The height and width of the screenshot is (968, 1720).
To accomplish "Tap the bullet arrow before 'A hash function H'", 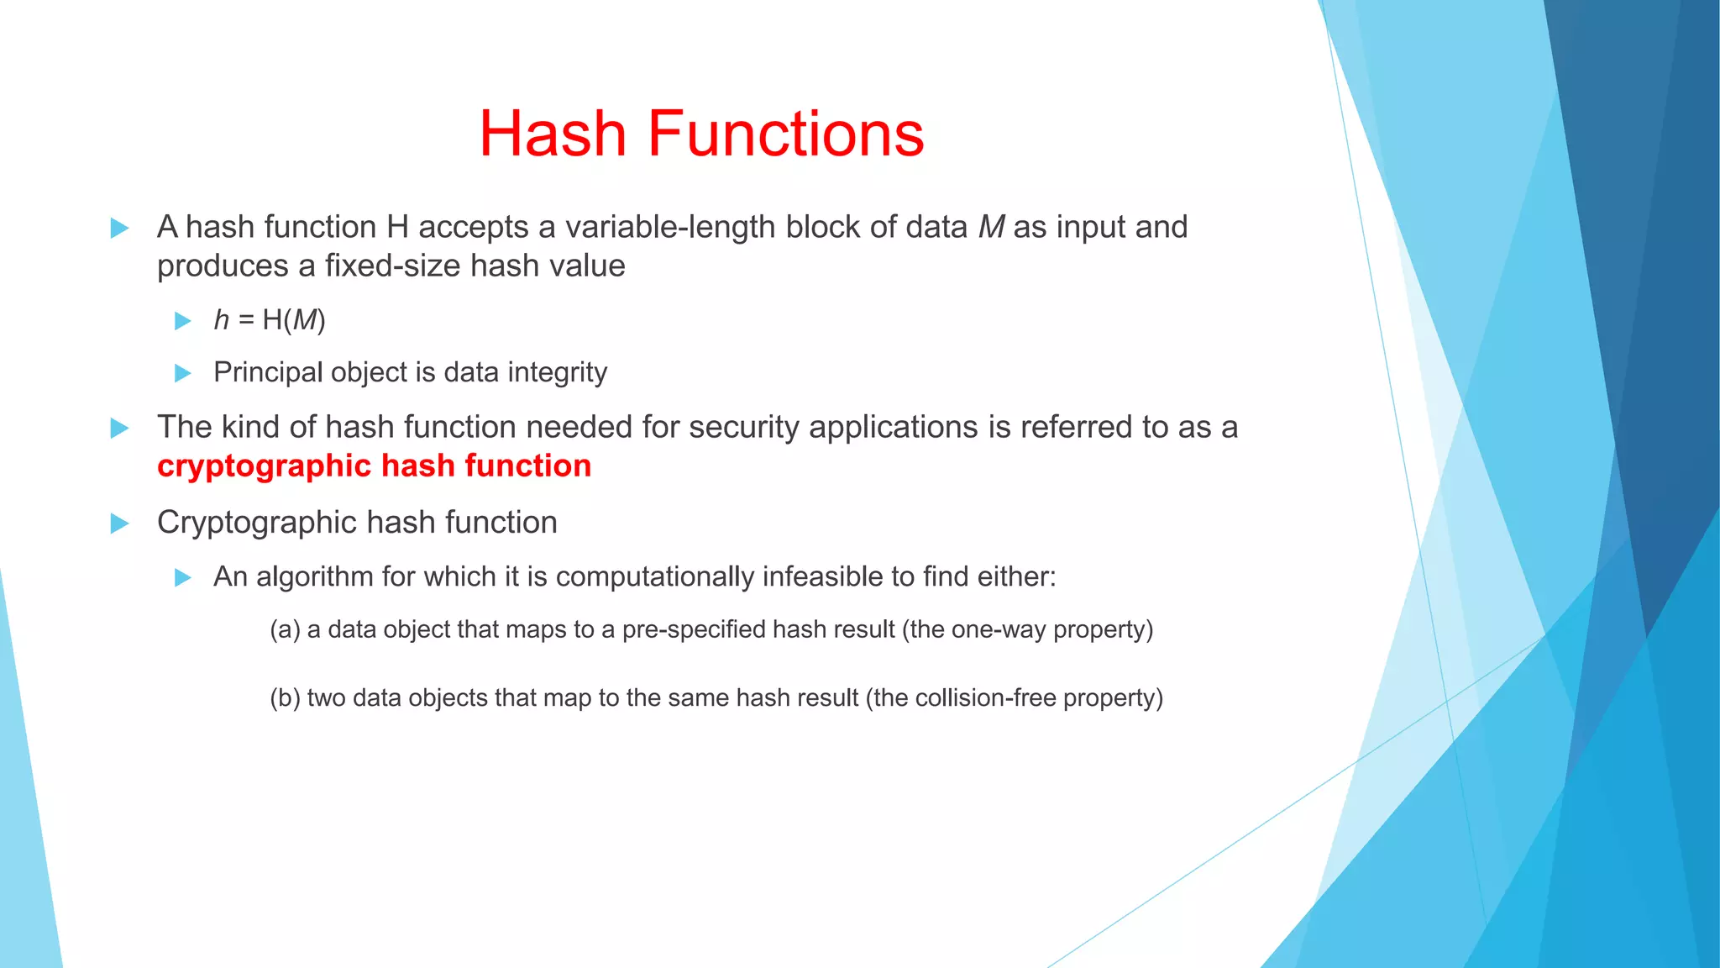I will tap(119, 228).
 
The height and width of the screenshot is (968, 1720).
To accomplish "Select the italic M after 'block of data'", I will tap(991, 228).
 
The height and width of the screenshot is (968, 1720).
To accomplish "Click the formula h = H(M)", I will tap(270, 320).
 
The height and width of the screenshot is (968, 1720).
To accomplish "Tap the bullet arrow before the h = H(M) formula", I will tap(182, 321).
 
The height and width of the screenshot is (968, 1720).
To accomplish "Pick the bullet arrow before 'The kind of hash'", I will tap(119, 428).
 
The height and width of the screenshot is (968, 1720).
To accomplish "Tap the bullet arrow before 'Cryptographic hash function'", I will tap(119, 523).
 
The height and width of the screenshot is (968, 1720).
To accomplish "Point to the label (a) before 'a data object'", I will tap(285, 629).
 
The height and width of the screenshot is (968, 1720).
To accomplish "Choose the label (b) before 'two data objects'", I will tap(285, 698).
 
